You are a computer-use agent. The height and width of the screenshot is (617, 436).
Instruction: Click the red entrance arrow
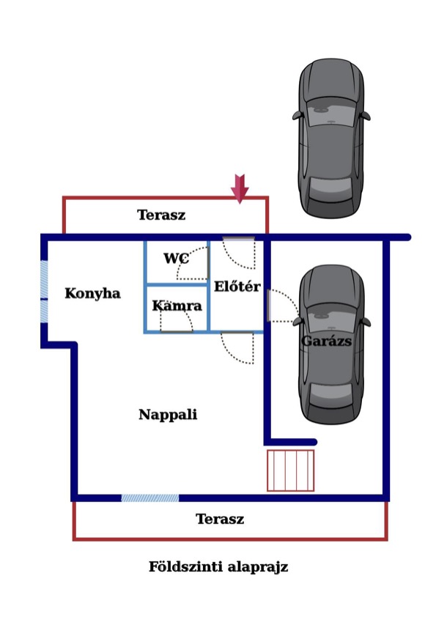240,189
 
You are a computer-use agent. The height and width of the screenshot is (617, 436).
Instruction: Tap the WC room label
177,259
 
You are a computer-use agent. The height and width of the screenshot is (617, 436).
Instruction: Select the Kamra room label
177,306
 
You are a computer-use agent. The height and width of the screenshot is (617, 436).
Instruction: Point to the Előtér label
237,286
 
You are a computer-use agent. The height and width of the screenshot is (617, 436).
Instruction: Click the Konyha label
93,294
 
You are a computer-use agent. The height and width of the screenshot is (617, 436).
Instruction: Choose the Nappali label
168,415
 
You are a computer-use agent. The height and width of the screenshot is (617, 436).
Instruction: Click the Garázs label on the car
327,341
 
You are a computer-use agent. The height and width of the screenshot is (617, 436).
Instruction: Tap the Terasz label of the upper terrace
161,215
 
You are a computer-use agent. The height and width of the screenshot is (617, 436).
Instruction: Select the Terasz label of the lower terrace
220,519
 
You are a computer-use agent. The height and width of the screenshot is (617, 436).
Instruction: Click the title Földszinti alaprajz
218,567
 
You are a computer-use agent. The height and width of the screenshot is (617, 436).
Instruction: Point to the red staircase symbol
291,470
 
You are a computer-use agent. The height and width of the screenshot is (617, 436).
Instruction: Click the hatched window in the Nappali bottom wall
150,498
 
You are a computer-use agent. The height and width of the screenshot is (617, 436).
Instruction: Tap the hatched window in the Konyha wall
44,292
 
